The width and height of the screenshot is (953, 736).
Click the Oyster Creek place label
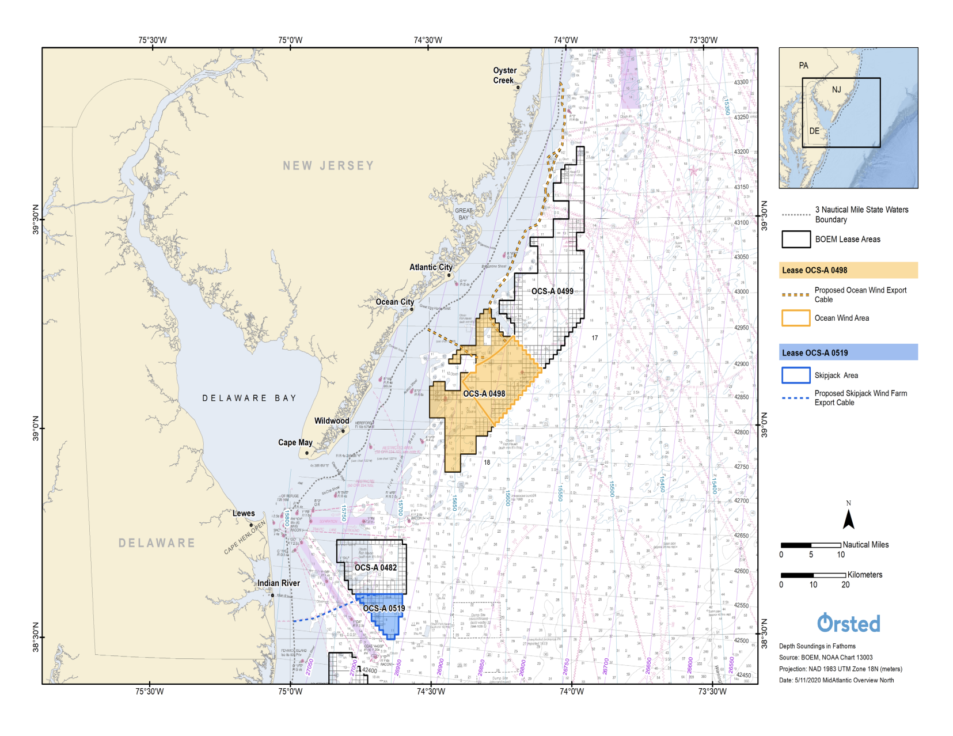[504, 75]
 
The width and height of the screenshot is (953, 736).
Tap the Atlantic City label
[431, 267]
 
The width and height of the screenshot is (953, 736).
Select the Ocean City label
[394, 302]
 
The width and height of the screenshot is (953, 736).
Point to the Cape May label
[295, 442]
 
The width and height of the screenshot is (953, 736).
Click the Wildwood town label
[332, 421]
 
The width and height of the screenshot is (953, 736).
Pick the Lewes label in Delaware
[244, 513]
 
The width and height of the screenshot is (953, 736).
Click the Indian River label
[279, 583]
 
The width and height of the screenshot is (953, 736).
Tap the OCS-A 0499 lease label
[552, 291]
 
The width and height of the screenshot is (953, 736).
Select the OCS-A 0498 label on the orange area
[484, 394]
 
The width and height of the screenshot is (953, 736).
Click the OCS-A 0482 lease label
[375, 567]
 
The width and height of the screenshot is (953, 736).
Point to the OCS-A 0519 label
[384, 608]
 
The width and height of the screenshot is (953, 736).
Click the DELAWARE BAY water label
[249, 398]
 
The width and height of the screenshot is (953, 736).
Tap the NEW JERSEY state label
[328, 166]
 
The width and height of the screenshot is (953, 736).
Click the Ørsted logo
[848, 623]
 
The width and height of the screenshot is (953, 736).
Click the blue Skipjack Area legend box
[796, 375]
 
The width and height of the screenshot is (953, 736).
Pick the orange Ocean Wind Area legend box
[796, 318]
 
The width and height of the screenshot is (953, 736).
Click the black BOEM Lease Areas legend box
[796, 239]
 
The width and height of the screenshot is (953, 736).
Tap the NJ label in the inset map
[836, 90]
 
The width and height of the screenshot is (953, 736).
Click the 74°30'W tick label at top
[428, 40]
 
